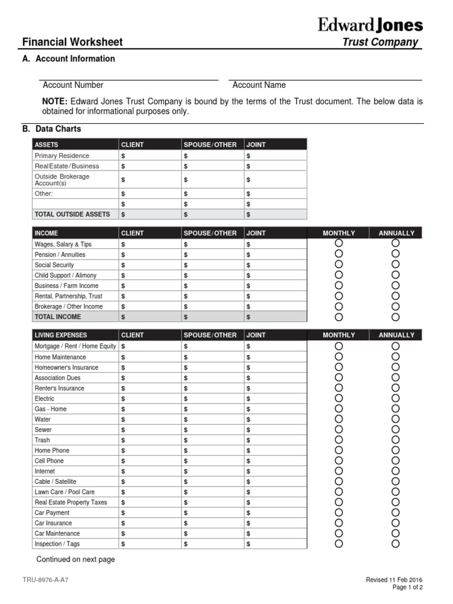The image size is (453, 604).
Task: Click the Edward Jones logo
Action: pyautogui.click(x=370, y=25)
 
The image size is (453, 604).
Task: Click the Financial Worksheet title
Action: pyautogui.click(x=72, y=42)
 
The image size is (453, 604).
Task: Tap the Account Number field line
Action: pyautogui.click(x=129, y=78)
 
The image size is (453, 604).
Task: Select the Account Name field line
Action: pyautogui.click(x=327, y=78)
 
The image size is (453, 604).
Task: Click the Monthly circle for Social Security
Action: pyautogui.click(x=339, y=264)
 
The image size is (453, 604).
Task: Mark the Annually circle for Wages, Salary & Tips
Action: pyautogui.click(x=395, y=243)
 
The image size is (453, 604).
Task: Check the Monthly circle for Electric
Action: pyautogui.click(x=339, y=398)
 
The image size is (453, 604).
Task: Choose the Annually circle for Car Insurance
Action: pyautogui.click(x=395, y=523)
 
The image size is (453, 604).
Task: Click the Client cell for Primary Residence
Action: pyautogui.click(x=150, y=156)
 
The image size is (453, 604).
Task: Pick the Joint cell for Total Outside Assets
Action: pyautogui.click(x=275, y=214)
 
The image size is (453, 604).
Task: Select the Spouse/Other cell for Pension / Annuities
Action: pyautogui.click(x=212, y=254)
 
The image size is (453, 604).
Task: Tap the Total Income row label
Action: pyautogui.click(x=58, y=317)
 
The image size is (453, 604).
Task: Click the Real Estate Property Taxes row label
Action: pyautogui.click(x=71, y=502)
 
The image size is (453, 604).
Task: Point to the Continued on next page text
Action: pyautogui.click(x=75, y=559)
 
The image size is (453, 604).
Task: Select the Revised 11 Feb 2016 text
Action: pyautogui.click(x=394, y=580)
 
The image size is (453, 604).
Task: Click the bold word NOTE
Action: pyautogui.click(x=55, y=101)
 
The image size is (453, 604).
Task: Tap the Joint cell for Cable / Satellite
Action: pyautogui.click(x=275, y=481)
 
